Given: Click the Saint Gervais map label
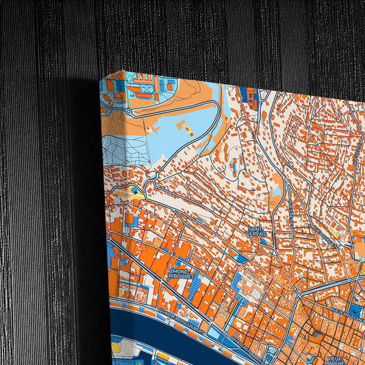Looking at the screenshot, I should pos(256,232).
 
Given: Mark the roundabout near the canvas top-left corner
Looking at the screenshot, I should pos(127,110).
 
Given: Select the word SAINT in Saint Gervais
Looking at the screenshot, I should pos(255,229).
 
